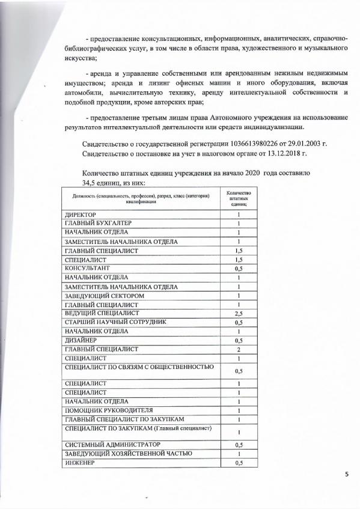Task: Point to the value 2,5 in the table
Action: pyautogui.click(x=239, y=314)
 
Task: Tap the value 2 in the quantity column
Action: pyautogui.click(x=239, y=349)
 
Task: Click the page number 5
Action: pyautogui.click(x=346, y=475)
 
